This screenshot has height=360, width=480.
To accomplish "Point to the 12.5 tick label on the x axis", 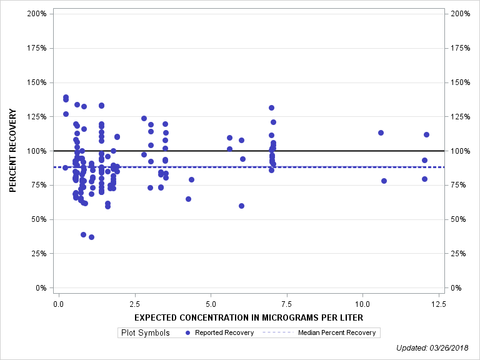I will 439,304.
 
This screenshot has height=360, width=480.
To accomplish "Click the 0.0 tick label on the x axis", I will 58,304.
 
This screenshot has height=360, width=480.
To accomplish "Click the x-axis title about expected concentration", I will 249,318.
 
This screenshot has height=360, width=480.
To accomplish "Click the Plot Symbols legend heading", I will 145,333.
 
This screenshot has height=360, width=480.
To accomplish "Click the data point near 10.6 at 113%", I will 381,132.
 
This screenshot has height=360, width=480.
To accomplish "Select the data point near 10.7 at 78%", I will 384,181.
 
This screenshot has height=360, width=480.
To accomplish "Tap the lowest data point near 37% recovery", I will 91,237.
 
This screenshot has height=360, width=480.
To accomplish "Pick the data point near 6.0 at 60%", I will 241,206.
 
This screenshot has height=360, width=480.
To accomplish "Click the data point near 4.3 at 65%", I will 188,199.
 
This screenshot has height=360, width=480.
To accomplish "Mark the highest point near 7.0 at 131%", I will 271,107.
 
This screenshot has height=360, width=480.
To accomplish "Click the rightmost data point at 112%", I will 426,134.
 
